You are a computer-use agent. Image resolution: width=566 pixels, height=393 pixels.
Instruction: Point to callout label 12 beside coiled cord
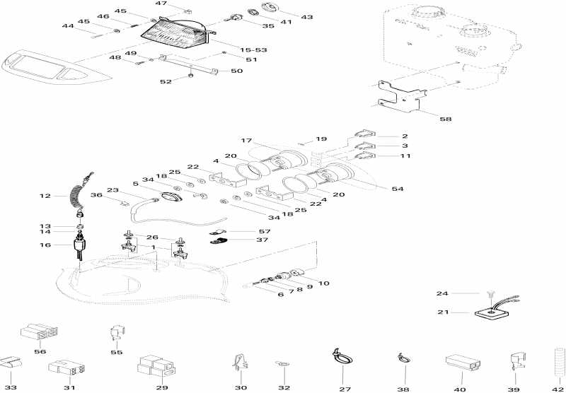click(x=45, y=196)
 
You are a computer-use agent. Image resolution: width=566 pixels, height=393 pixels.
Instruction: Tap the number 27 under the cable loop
click(x=345, y=388)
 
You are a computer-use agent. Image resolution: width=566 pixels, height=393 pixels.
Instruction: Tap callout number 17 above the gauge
click(x=246, y=141)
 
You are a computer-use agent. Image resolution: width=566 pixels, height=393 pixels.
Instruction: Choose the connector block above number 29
click(x=155, y=365)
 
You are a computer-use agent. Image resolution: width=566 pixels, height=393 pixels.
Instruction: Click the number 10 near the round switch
click(x=324, y=283)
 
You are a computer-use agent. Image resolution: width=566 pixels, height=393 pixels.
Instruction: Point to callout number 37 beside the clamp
click(x=263, y=239)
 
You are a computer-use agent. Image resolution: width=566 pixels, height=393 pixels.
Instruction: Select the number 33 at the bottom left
click(x=10, y=387)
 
